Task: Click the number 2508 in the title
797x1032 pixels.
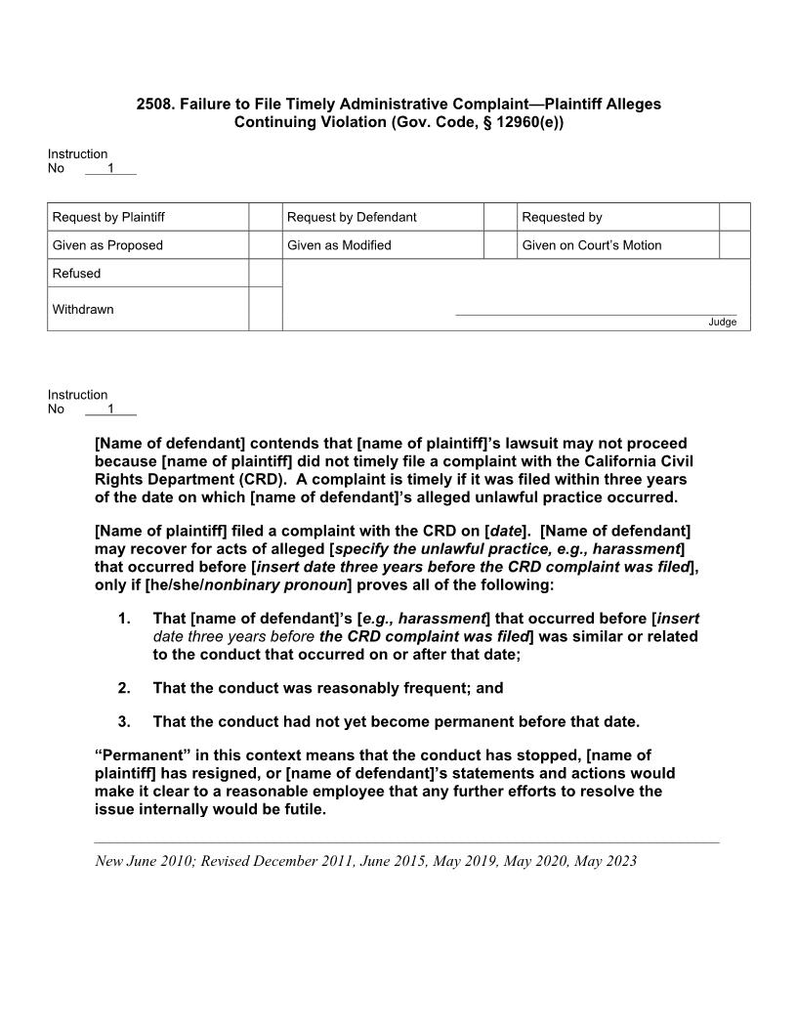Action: coord(154,104)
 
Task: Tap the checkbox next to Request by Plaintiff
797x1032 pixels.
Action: coord(265,217)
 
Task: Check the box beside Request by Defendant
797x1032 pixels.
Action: coord(500,217)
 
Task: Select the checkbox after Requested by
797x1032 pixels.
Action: coord(734,217)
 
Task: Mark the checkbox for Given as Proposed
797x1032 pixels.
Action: coord(265,245)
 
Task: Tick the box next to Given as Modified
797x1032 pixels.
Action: coord(500,245)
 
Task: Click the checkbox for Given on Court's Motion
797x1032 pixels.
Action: coord(734,245)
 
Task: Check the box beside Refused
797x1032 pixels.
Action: coord(265,274)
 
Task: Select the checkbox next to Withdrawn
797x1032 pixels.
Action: coord(265,309)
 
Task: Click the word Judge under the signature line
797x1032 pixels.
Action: coord(723,322)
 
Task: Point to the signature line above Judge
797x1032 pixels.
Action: coord(596,315)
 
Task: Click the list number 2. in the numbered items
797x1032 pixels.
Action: coord(124,688)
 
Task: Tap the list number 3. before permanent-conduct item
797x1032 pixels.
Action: coord(124,722)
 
